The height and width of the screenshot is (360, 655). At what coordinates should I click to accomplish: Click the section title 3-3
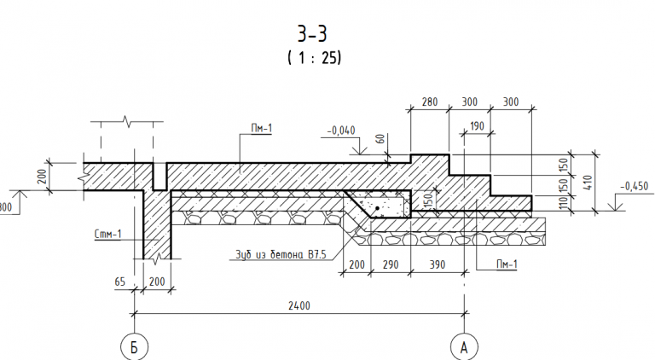coord(312,34)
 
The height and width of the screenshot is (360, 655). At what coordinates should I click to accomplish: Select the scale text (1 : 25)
coord(314,57)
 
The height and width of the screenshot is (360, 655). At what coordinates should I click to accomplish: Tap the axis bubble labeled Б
coord(134,346)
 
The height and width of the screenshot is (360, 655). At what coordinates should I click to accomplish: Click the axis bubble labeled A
coord(464,346)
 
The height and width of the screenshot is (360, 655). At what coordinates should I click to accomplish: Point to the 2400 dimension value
coord(299,305)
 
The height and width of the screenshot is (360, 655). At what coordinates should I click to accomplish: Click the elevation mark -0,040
coord(341,131)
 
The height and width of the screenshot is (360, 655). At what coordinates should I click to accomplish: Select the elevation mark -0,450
coord(635,186)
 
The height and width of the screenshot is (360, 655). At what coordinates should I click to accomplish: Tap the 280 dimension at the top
coord(430,102)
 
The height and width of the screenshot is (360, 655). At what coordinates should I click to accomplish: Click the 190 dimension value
coord(477,126)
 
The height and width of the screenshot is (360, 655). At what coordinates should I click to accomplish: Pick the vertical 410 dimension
coord(588,183)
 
